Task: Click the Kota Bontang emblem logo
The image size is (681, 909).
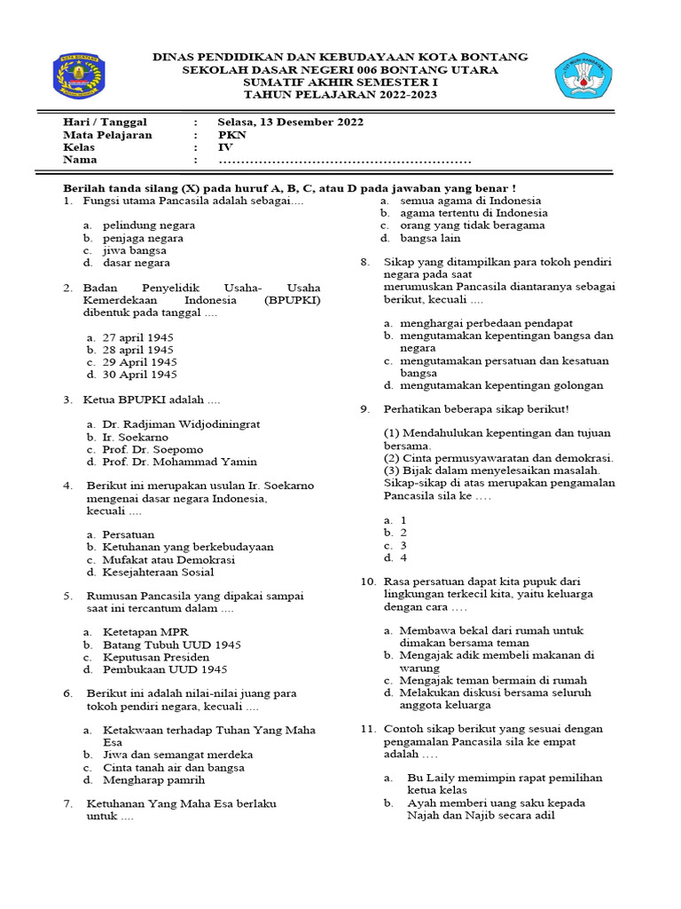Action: point(79,76)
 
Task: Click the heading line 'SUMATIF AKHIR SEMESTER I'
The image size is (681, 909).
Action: point(340,83)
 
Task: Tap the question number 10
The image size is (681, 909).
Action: point(368,581)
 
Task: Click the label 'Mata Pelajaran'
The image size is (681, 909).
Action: point(107,135)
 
